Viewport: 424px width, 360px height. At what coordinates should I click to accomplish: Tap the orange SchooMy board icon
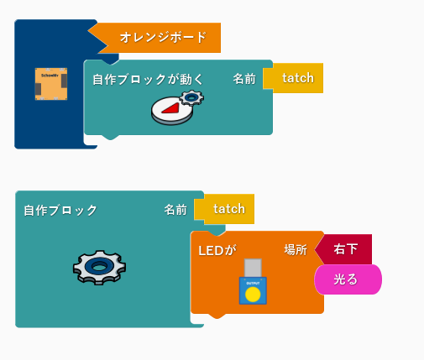coord(51,84)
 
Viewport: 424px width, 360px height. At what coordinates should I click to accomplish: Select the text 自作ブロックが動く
coord(148,79)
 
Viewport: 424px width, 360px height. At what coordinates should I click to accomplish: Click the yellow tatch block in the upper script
coord(293,78)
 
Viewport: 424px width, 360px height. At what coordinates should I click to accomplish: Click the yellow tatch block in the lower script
coord(224,209)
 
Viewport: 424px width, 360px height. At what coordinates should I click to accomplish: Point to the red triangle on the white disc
coord(170,108)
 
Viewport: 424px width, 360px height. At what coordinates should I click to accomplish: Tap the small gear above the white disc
coord(191,97)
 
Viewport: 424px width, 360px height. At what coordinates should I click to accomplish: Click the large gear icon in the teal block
coord(99,268)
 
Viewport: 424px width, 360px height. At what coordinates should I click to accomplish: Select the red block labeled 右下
coord(343,249)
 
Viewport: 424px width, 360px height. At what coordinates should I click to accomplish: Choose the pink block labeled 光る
coord(348,279)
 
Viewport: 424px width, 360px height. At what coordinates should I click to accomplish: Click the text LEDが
coord(217,250)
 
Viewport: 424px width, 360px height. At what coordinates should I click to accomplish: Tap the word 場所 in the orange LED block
coord(296,249)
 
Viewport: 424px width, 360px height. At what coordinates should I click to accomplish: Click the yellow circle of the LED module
coord(253,295)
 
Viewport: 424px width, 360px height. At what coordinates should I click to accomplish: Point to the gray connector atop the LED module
coord(253,268)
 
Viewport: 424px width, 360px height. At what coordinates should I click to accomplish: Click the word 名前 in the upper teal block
coord(244,79)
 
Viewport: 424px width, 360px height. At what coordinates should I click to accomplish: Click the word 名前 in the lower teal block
coord(175,210)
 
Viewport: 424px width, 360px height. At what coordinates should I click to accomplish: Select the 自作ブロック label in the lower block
coord(60,210)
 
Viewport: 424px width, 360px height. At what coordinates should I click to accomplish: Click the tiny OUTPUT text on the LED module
coord(253,283)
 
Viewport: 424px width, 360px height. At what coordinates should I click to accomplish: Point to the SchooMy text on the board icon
coord(50,76)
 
